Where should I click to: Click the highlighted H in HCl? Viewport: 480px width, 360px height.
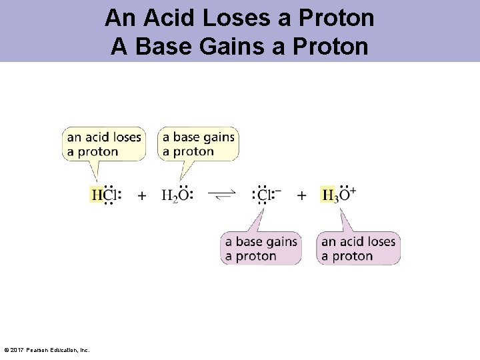point(97,195)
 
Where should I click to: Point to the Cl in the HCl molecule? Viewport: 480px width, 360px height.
point(110,195)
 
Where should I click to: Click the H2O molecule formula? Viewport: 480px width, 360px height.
point(177,195)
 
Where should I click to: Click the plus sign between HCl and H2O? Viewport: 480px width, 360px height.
point(142,195)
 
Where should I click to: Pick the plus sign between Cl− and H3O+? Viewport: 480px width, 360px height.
point(302,195)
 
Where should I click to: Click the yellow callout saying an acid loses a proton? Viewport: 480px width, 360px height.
point(103,144)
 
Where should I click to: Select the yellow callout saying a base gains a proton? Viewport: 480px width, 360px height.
point(199,144)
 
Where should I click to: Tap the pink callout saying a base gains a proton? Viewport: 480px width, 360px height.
point(261,248)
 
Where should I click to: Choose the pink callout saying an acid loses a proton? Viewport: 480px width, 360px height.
point(358,248)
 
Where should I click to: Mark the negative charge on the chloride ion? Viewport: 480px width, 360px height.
point(278,190)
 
